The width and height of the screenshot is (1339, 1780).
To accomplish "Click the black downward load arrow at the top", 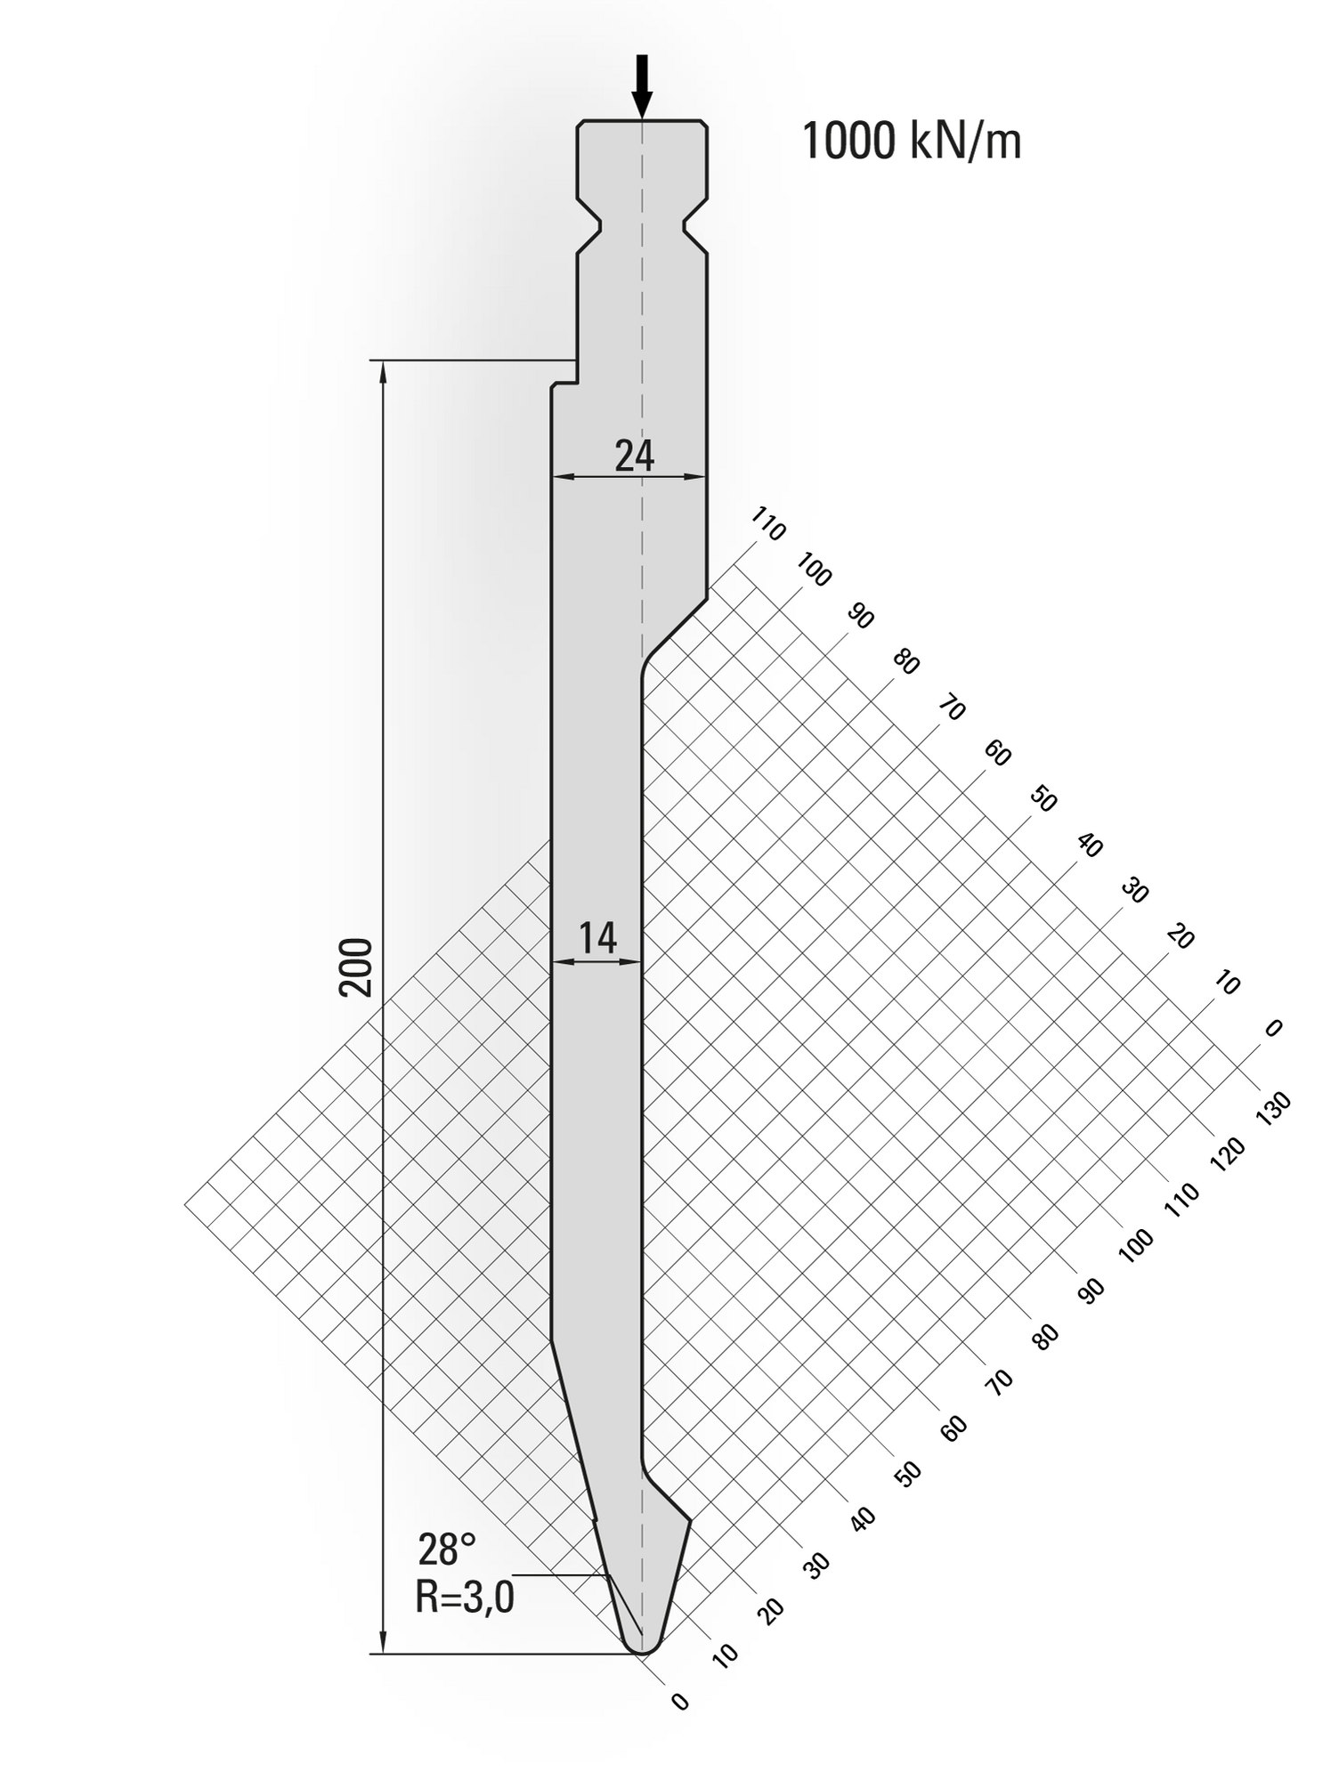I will coord(642,87).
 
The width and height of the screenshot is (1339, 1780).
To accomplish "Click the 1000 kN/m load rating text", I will coord(911,142).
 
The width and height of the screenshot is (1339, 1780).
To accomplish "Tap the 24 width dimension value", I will coord(635,457).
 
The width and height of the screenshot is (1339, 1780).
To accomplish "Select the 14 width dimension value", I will coord(597,938).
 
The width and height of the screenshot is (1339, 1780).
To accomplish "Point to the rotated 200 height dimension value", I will coord(356,967).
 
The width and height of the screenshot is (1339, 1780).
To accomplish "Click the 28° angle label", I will coord(447,1549).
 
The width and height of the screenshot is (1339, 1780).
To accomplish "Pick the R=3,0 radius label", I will coord(465,1597).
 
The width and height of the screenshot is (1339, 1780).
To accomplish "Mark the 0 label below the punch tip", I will coord(681,1702).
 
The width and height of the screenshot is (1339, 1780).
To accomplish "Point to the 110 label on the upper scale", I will coord(768,524).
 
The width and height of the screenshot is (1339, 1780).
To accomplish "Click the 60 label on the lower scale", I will coord(953,1428).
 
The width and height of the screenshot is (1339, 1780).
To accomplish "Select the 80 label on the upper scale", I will coord(905,662).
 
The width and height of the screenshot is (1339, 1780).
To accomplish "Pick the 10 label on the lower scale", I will coord(726,1655).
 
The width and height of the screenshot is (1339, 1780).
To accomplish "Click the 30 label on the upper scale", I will coord(1133,890).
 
